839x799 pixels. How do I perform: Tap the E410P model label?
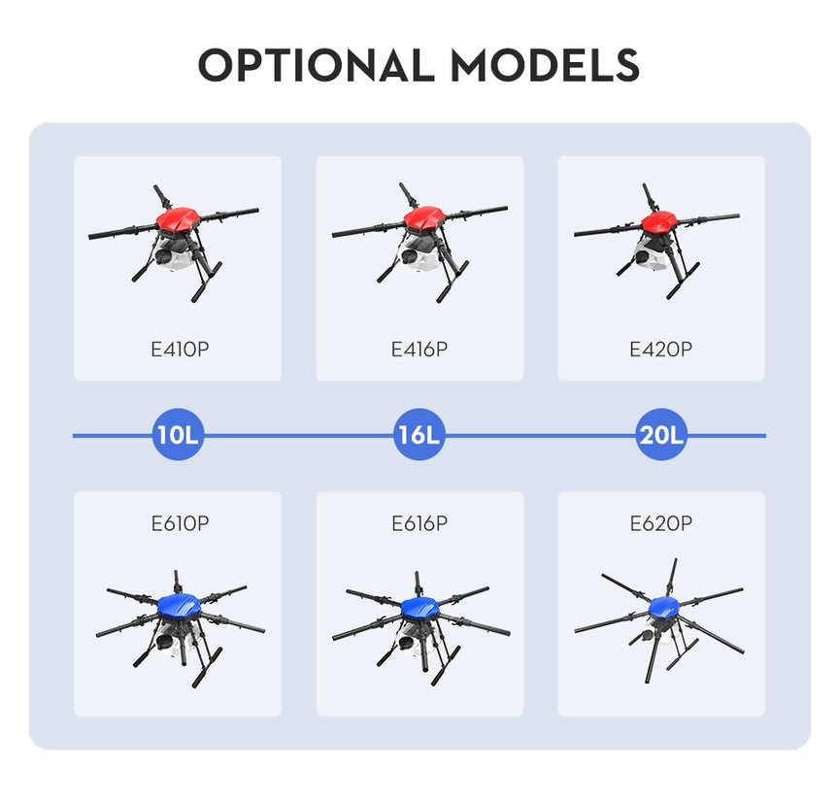180,349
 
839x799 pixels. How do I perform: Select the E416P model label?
419,349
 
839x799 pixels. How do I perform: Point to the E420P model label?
660,349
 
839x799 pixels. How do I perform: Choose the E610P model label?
180,523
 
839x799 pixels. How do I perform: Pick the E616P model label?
419,523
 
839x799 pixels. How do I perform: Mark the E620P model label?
660,523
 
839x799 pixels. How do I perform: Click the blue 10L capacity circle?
178,436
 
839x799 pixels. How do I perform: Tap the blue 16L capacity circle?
419,436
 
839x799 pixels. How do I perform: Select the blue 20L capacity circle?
661,436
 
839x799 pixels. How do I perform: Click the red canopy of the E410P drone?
178,222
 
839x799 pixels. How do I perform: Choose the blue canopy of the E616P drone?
421,608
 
